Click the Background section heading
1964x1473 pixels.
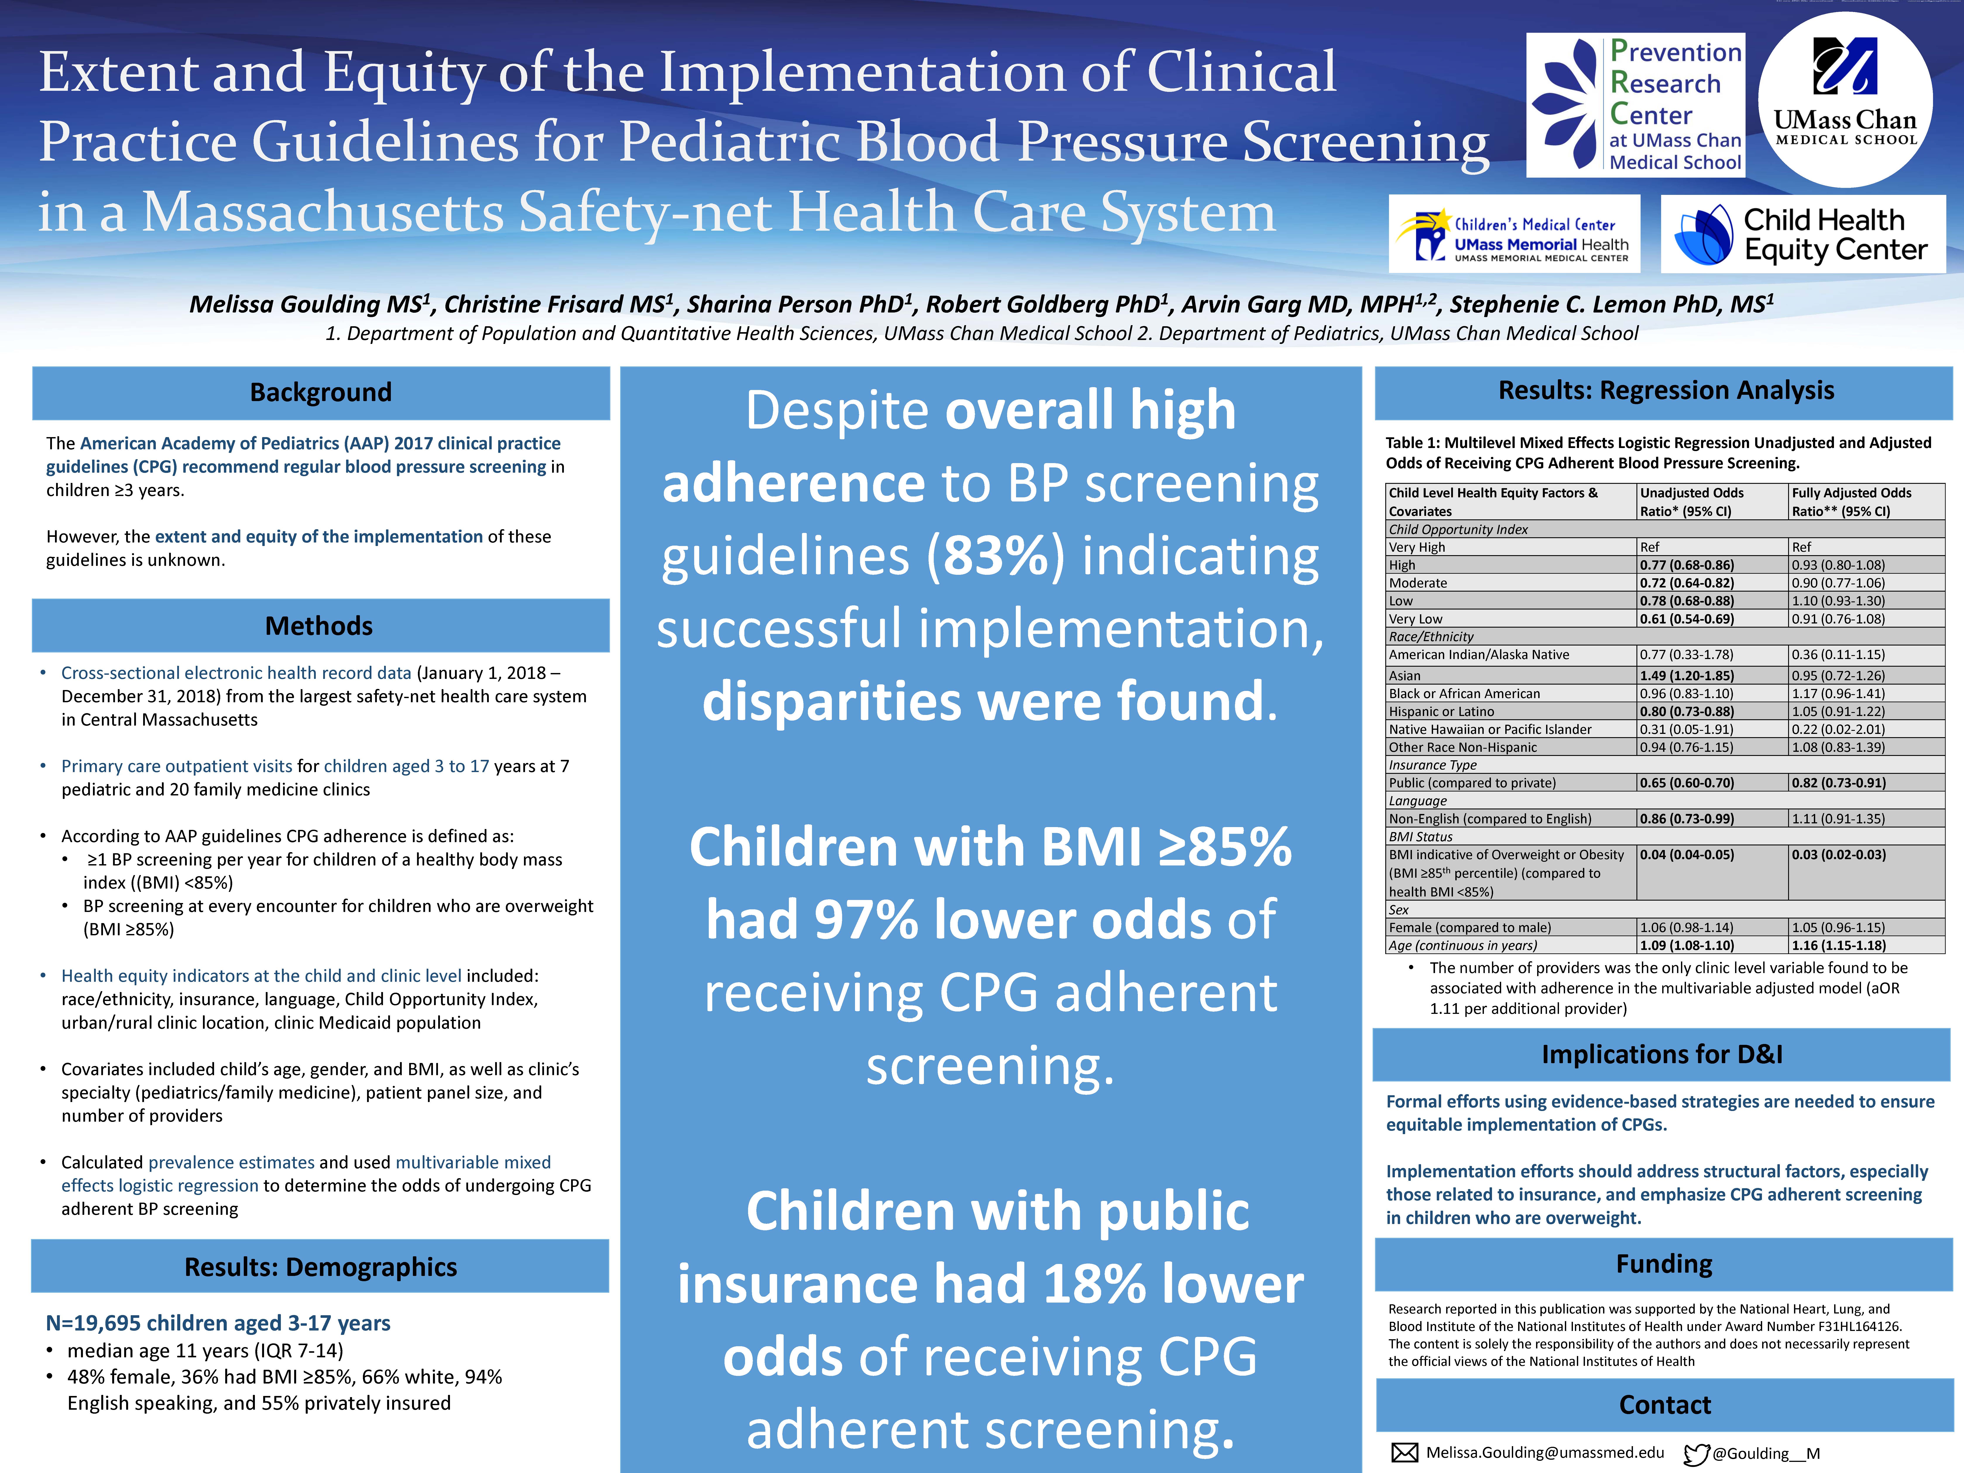[321, 392]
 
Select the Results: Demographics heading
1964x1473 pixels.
[321, 1267]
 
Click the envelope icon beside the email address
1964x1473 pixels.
[1404, 1452]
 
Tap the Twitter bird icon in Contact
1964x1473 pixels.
[1696, 1453]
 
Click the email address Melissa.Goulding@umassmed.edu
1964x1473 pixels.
[1545, 1452]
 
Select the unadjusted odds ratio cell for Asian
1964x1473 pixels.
[1686, 676]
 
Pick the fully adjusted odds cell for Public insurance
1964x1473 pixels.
[1838, 783]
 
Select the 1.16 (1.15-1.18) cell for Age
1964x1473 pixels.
[1838, 946]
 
